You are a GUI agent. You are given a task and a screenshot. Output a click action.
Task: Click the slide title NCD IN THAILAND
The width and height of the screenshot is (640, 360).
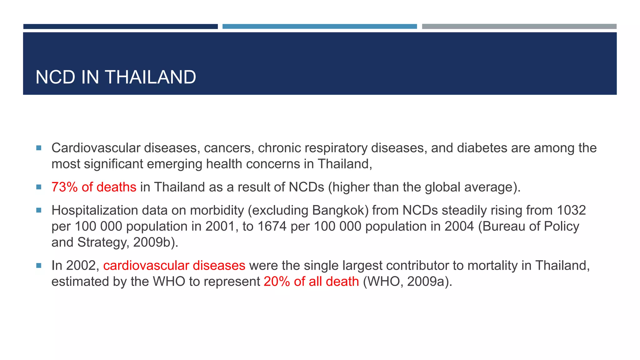click(x=116, y=77)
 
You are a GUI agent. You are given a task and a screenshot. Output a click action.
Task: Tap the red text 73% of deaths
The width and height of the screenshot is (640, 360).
click(x=94, y=187)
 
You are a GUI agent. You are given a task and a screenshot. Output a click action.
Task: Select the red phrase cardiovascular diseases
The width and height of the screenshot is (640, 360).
click(x=174, y=266)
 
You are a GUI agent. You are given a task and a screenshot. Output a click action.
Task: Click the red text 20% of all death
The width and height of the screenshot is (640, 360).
click(x=311, y=282)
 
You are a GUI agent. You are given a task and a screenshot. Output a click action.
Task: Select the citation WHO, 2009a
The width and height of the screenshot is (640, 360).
click(x=407, y=282)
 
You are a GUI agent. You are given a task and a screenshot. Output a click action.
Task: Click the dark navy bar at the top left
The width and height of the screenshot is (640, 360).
click(x=120, y=27)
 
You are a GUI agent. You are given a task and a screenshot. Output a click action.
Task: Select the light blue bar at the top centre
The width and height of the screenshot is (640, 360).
click(x=319, y=27)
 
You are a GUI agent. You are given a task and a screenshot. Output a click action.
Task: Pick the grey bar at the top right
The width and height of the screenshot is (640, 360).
click(x=519, y=27)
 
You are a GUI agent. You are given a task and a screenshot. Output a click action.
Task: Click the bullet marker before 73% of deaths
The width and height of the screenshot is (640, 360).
click(x=39, y=187)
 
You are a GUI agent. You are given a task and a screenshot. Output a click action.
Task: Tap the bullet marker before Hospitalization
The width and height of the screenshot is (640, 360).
click(x=39, y=210)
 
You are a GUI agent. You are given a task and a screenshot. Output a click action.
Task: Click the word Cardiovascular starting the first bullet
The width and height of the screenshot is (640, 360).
click(x=96, y=148)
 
